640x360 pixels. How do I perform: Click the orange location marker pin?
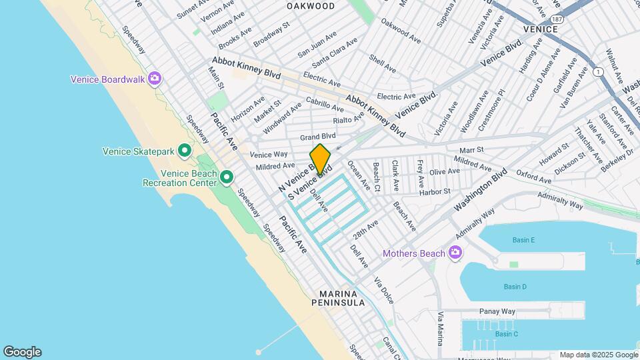pos(320,159)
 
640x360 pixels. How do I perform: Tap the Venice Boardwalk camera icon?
pos(155,79)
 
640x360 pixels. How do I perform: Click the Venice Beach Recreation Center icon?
pos(227,177)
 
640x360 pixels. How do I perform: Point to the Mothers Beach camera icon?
pos(455,253)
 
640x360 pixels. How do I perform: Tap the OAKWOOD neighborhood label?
pos(311,6)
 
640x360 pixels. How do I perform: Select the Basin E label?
pos(523,240)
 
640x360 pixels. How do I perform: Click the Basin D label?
pos(515,287)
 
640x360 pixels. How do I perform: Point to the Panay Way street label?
pos(497,311)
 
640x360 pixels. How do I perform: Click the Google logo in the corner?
pos(22,352)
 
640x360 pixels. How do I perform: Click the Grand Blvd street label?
pos(317,137)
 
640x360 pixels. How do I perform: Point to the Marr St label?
pos(470,150)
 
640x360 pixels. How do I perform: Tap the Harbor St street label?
pos(435,192)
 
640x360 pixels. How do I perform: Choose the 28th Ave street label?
pos(366,231)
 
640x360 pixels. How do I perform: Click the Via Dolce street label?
pos(383,291)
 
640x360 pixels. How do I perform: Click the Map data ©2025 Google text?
pos(598,355)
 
